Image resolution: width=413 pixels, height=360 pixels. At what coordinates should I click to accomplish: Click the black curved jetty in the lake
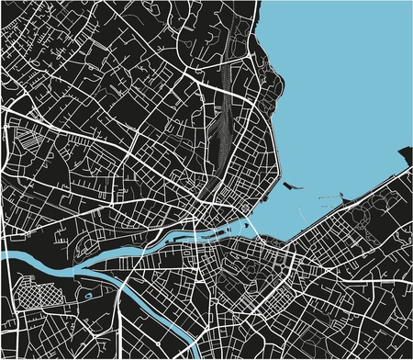(x=292, y=186)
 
